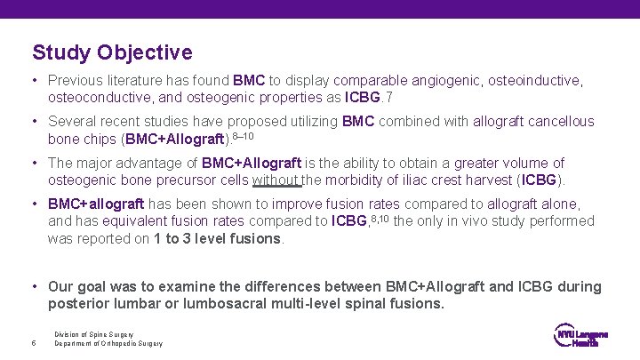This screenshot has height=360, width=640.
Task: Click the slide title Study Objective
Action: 112,52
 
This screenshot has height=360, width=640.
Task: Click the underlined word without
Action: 277,180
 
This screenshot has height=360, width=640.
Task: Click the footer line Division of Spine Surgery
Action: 89,334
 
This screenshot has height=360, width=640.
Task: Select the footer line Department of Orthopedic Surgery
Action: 108,344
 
